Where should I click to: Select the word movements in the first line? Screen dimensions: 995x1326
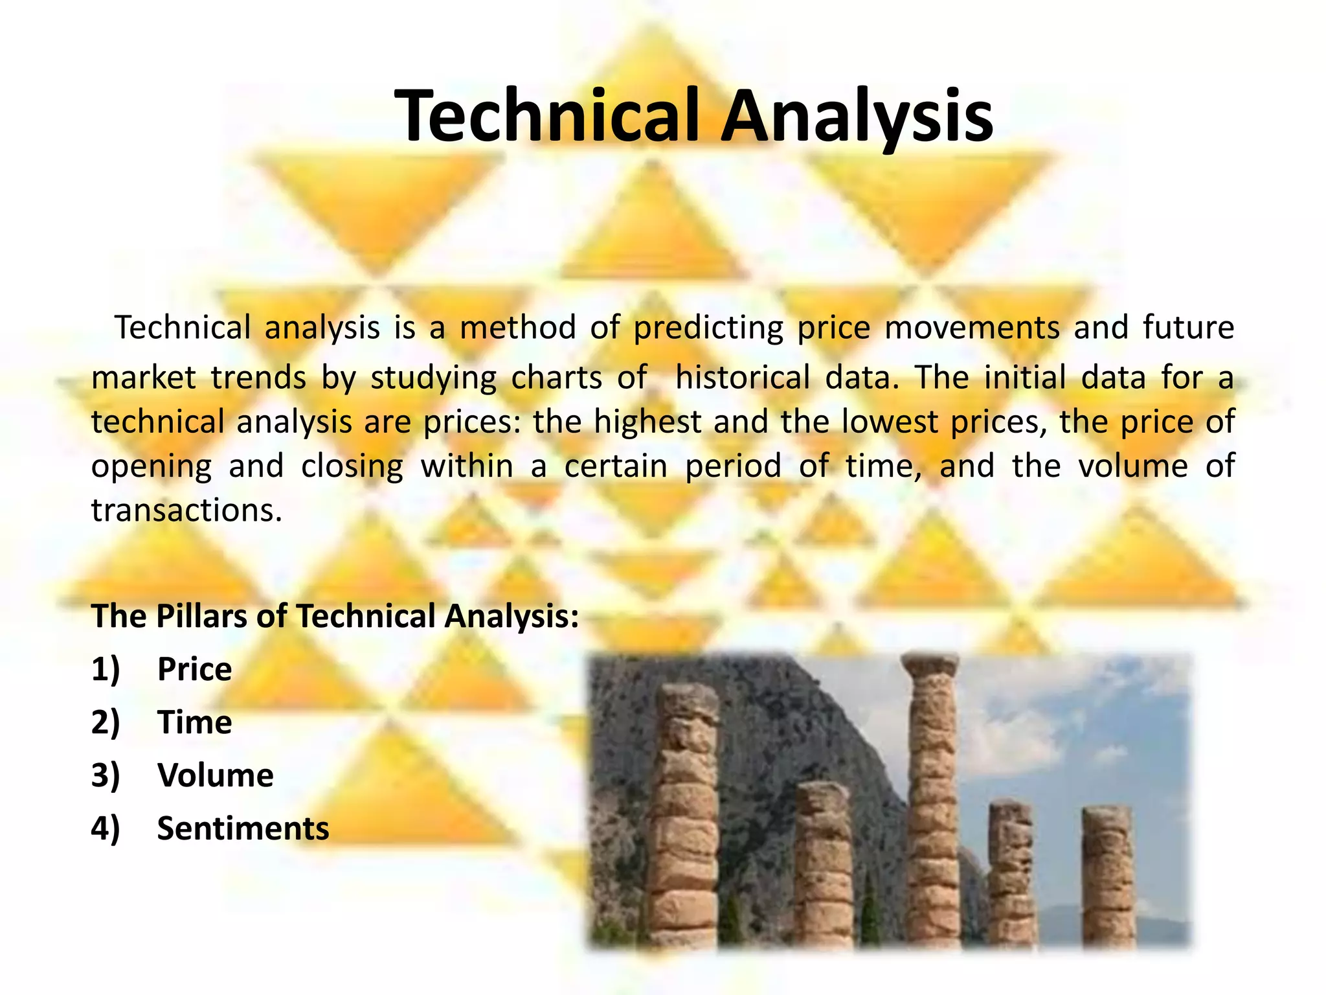[972, 327]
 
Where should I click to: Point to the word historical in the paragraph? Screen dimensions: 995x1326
[742, 377]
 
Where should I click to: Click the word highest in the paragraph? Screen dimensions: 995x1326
[647, 422]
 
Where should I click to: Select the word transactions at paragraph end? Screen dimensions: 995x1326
[186, 510]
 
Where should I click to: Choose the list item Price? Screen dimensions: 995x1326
[194, 669]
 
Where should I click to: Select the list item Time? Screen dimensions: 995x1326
[194, 722]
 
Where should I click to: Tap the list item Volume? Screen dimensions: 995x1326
[215, 775]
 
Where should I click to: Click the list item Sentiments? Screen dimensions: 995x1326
[243, 829]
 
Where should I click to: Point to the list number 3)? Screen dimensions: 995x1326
[106, 775]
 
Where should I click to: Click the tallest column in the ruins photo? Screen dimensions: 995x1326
[933, 810]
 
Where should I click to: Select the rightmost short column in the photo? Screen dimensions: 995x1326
[1108, 875]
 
